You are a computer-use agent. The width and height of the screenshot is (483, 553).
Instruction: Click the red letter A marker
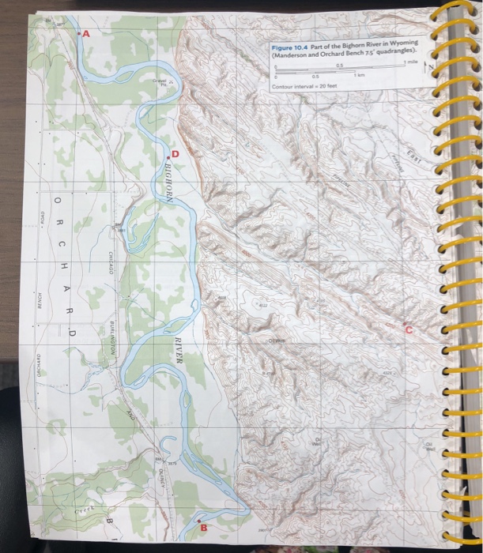pyautogui.click(x=85, y=36)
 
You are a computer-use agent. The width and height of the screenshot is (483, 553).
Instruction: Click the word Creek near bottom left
pyautogui.click(x=83, y=514)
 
